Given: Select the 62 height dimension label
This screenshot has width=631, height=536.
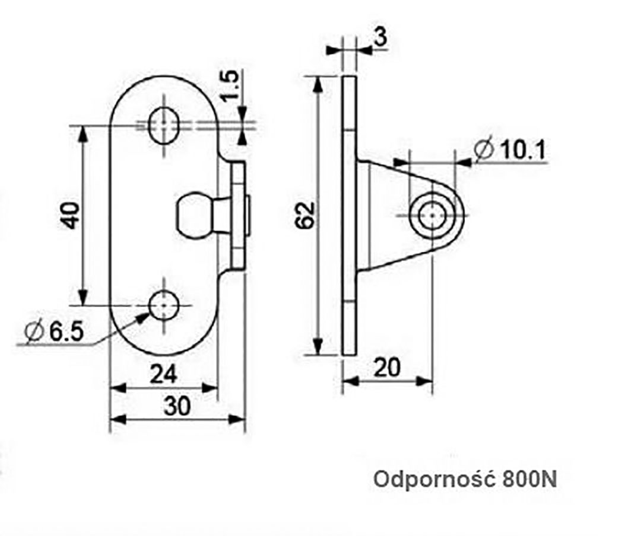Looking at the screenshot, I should pos(304,215).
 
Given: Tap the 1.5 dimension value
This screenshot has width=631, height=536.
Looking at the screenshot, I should pos(232,86).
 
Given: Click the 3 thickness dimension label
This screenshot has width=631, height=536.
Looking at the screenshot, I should pos(381,37).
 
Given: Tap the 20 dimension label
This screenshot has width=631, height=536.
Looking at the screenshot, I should pos(387,368).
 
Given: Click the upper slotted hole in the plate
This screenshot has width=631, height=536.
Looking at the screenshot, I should pos(164,125).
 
